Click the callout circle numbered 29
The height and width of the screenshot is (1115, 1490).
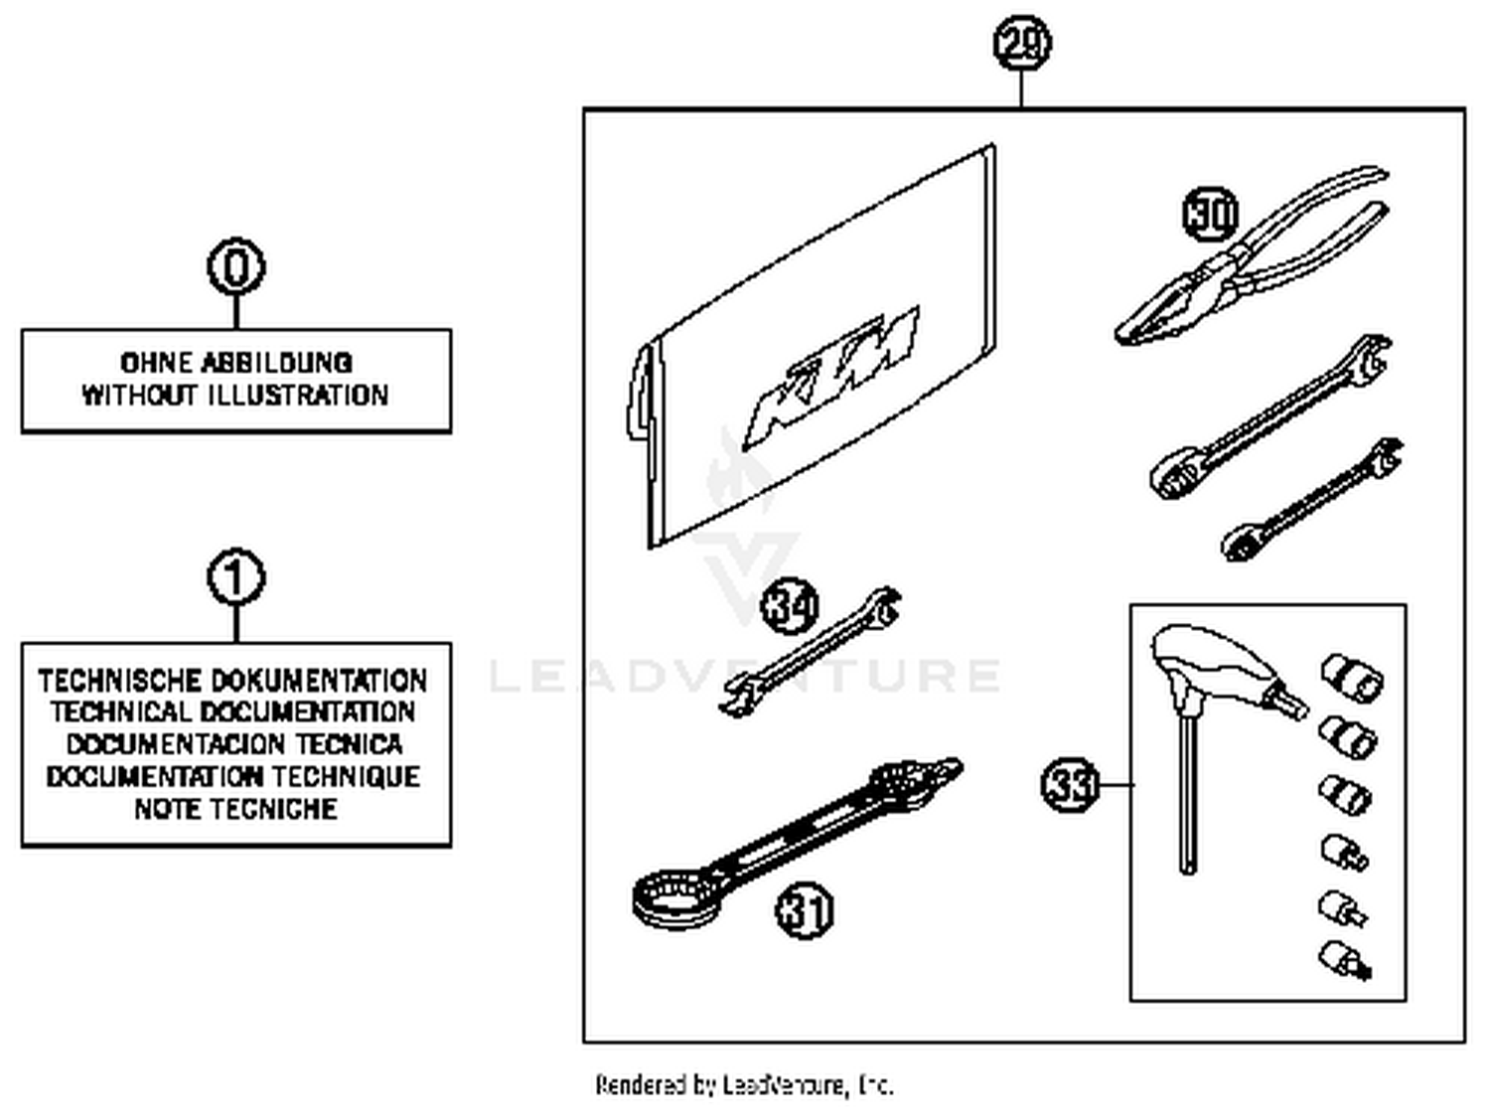pyautogui.click(x=1022, y=44)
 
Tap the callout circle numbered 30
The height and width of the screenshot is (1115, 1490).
pyautogui.click(x=1211, y=214)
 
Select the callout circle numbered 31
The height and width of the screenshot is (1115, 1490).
pyautogui.click(x=804, y=910)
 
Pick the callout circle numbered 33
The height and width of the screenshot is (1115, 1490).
pyautogui.click(x=1071, y=785)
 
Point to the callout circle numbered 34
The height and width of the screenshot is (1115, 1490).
pyautogui.click(x=790, y=606)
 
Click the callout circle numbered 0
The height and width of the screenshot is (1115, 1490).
pyautogui.click(x=236, y=266)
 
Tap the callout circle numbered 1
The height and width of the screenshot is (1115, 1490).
pyautogui.click(x=236, y=577)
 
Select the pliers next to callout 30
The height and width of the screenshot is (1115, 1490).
pyautogui.click(x=1252, y=263)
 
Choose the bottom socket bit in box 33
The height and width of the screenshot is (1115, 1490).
pyautogui.click(x=1347, y=960)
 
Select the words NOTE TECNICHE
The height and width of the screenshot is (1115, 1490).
pyautogui.click(x=235, y=809)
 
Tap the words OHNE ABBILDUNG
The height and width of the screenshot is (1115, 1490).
pyautogui.click(x=235, y=363)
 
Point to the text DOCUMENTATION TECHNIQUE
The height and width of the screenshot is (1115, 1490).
pyautogui.click(x=233, y=776)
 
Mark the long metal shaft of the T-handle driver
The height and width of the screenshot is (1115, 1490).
pyautogui.click(x=1188, y=795)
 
